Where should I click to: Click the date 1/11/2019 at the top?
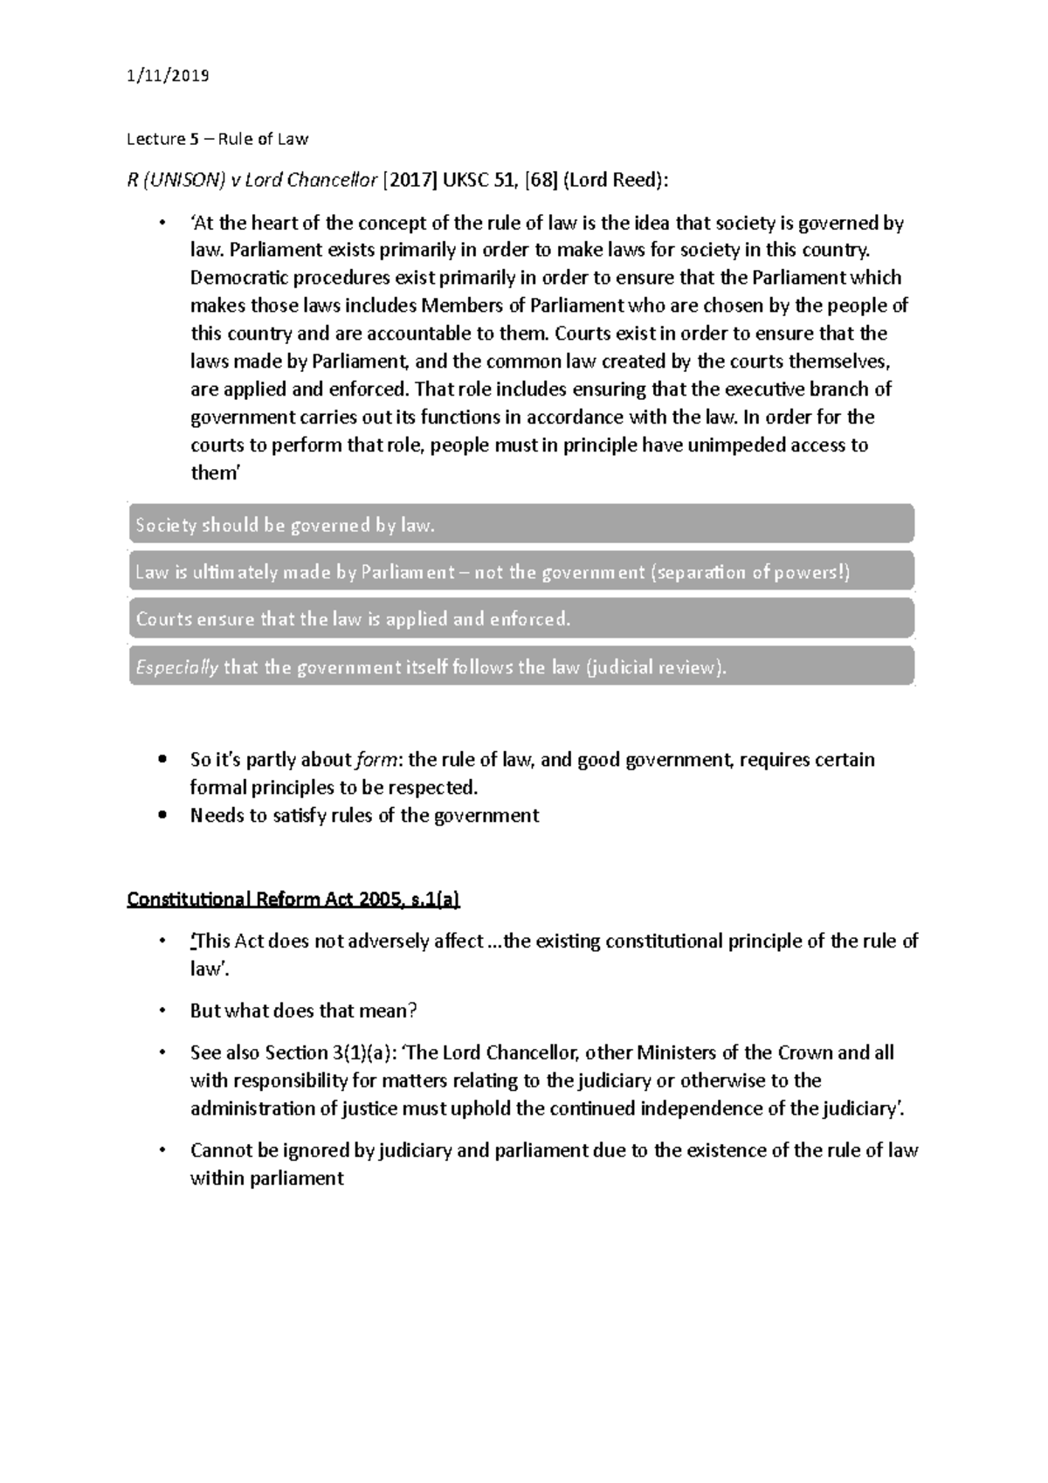tap(168, 76)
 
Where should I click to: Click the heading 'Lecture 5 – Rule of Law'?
tap(217, 139)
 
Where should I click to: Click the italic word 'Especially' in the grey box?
tap(177, 667)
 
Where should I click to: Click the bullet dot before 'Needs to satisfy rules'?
tap(162, 816)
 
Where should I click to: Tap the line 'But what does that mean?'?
tap(304, 1011)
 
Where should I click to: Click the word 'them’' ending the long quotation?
tap(215, 473)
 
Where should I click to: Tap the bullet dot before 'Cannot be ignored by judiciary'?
tap(162, 1150)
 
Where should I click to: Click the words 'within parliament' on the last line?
tap(266, 1178)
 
